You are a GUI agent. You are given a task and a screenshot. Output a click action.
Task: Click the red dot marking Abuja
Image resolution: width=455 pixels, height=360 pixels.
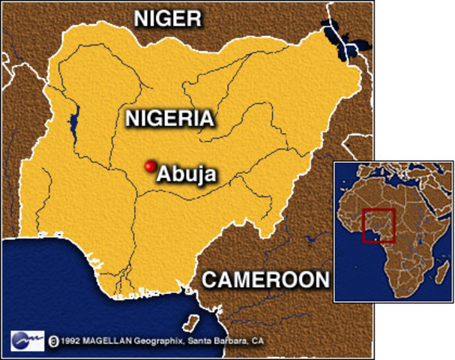coord(149,166)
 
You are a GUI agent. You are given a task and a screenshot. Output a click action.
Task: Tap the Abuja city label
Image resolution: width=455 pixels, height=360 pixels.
coord(186,174)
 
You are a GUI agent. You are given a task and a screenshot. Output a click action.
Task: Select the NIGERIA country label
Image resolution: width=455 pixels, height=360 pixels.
coord(170,118)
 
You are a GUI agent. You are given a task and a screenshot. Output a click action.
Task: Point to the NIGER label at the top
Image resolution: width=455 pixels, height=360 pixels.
coord(168,19)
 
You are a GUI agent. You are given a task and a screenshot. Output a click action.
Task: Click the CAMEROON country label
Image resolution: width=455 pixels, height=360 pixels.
coord(266,280)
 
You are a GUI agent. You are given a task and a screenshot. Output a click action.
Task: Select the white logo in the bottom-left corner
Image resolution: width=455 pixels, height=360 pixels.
coord(27,340)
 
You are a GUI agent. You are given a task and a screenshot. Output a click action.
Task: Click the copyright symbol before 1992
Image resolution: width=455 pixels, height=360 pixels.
coord(53,341)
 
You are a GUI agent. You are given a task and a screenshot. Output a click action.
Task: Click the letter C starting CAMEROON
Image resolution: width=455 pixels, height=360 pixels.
coord(210,280)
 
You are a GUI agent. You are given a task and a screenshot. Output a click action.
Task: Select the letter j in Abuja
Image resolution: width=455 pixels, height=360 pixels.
coord(196,175)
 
